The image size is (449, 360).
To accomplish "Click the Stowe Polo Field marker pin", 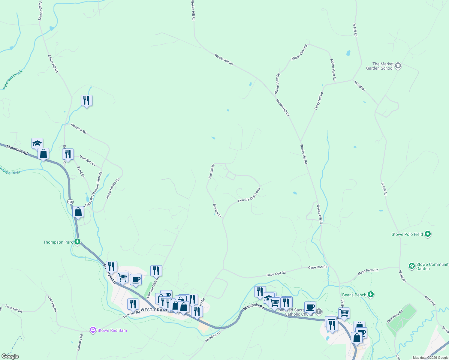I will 428,234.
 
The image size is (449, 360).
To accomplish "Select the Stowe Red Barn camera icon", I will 93,330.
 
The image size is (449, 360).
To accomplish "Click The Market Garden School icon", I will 398,66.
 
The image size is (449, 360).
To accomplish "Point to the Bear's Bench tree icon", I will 371,295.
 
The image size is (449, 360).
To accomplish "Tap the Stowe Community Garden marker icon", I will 412,266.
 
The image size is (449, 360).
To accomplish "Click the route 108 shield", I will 70,202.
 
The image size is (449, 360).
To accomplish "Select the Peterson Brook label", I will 12,80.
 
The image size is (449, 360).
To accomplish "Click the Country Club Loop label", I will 249,195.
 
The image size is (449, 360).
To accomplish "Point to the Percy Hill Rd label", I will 319,101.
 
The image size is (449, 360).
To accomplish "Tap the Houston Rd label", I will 79,129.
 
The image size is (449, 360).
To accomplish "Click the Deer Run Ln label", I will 87,161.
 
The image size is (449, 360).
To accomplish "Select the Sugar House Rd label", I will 113,188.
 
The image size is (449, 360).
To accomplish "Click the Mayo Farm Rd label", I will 368,272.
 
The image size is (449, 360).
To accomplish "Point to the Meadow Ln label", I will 213,336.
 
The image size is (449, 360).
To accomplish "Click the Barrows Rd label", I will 80,343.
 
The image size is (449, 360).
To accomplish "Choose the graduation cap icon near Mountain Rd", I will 38,143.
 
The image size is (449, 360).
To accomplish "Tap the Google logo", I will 10,356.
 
